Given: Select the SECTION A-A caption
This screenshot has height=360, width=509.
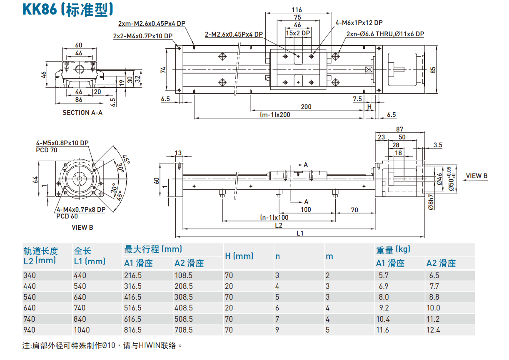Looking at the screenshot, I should tap(82, 112).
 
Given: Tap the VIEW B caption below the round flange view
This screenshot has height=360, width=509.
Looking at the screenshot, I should tap(82, 227).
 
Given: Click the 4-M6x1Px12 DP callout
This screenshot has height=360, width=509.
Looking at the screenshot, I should tap(359, 23).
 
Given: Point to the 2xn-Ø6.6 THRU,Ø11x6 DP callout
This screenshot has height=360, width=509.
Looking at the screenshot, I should tap(385, 34).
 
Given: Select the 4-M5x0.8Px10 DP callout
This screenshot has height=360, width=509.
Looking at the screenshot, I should tap(62, 143).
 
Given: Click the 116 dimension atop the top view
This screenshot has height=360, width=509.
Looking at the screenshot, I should tap(297, 10).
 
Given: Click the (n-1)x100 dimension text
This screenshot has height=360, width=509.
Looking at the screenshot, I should tap(274, 217).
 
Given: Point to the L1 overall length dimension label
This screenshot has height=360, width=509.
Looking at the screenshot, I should tap(300, 233).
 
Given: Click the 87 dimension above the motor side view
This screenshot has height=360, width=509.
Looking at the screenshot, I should tap(400, 129).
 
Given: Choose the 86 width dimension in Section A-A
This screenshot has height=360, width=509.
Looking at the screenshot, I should tap(78, 99).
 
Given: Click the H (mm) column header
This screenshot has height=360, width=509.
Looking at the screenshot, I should tap(239, 256).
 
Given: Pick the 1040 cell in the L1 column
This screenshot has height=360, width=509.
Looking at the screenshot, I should tap(81, 330).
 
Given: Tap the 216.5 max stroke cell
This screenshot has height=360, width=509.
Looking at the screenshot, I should tap(133, 275).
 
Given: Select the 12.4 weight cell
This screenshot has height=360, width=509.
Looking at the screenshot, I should tap(433, 330).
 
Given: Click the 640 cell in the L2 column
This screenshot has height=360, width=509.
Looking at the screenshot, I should tap(30, 308).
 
